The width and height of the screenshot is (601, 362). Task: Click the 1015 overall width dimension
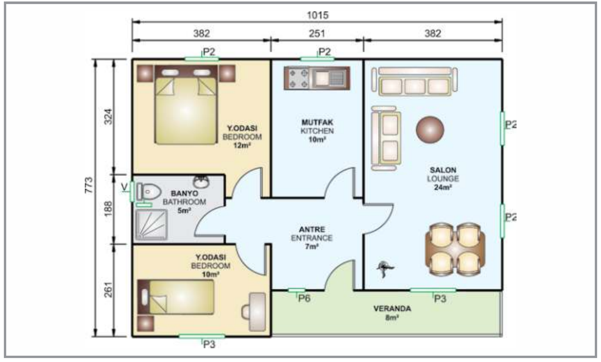pos(318,15)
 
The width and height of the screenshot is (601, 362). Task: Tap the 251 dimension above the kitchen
pos(317,34)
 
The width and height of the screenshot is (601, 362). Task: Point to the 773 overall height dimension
pos(89,185)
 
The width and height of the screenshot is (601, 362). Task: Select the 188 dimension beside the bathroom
pos(108,209)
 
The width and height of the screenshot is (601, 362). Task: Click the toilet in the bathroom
pos(148,192)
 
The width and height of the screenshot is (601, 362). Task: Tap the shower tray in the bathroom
pos(151,224)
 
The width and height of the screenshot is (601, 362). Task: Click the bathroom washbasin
pos(201,182)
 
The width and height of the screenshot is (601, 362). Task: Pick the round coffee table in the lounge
pos(430,130)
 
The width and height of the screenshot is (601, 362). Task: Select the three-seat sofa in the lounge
pos(415,82)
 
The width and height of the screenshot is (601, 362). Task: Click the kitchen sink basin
pos(322,79)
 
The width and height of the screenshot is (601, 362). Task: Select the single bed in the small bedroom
pos(176,297)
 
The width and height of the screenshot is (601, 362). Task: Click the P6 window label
pos(304,298)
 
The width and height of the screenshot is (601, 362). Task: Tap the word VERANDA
pos(392,309)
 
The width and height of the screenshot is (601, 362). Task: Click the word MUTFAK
pos(317,123)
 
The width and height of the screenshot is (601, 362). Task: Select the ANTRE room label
pos(312,229)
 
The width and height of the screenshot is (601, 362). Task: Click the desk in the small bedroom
pos(257,312)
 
